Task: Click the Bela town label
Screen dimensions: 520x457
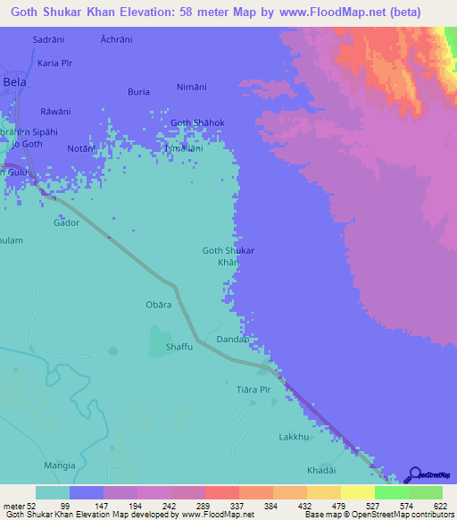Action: tap(15, 81)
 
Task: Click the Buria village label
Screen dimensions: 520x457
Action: tap(138, 91)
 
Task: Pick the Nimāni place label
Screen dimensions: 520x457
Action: tap(192, 87)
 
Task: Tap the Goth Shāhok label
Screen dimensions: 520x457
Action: tap(197, 122)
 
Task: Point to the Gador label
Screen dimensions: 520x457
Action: tap(67, 222)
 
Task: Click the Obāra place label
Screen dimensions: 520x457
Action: tap(158, 305)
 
